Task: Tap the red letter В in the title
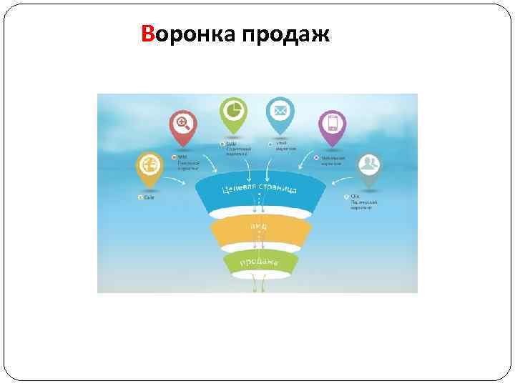(149, 34)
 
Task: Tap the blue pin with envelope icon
(280, 113)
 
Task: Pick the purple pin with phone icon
(331, 125)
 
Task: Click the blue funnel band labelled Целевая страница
(257, 193)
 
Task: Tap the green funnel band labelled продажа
(259, 262)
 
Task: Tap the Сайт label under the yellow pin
(149, 197)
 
